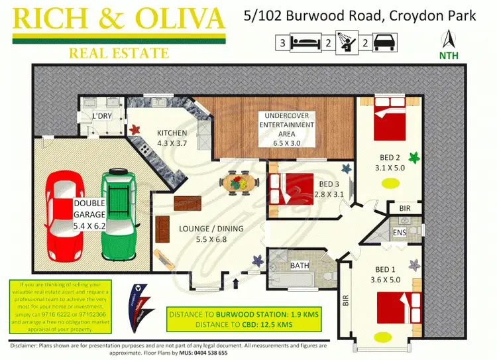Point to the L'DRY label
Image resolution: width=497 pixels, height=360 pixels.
[x=105, y=117]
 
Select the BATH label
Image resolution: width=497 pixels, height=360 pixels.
[x=300, y=266]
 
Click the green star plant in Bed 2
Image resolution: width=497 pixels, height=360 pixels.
[x=414, y=157]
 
